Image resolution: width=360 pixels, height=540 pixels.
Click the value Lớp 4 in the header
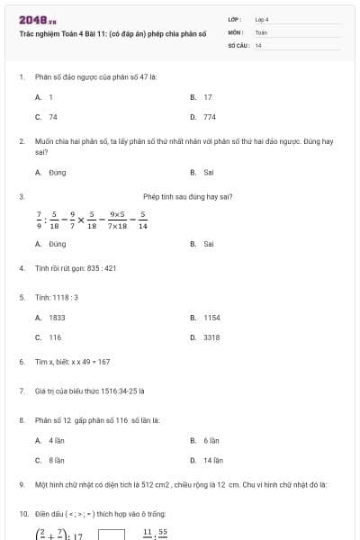click(x=262, y=19)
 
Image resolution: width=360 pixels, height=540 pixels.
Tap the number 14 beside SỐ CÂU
click(x=258, y=44)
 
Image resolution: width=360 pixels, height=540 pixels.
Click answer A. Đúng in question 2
click(x=50, y=171)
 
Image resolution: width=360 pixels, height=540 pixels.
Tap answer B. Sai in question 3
click(x=202, y=244)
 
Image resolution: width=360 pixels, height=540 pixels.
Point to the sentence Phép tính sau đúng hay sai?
click(x=188, y=196)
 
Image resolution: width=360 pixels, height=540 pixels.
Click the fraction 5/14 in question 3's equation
click(x=142, y=220)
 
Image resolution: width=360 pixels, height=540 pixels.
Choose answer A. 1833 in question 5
click(x=50, y=318)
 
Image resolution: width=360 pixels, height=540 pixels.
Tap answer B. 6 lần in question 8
click(x=205, y=440)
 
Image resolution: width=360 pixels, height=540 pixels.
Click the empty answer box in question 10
click(x=111, y=534)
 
